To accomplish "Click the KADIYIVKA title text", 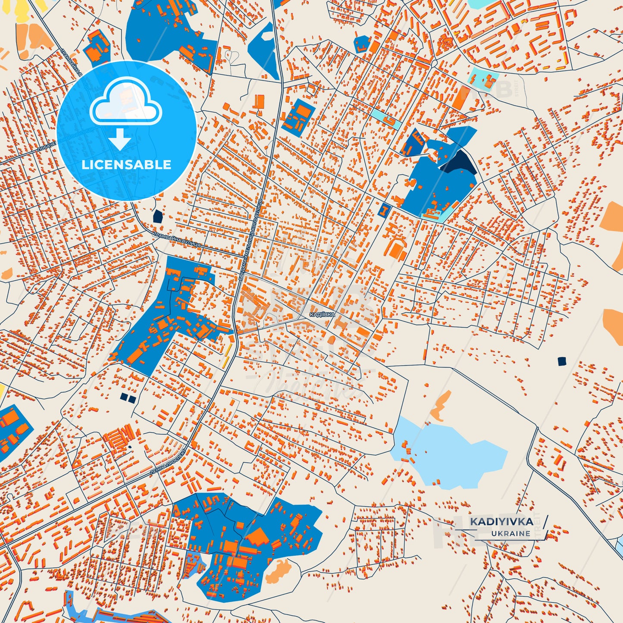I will (x=501, y=522).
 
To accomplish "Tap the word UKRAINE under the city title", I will (x=510, y=533).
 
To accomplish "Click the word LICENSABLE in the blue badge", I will (x=126, y=164).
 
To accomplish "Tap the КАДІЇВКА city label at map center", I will (x=322, y=315).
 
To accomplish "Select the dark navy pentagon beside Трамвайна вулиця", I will (x=157, y=216).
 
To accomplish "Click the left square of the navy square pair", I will (x=124, y=397).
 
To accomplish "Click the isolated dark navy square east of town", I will (x=561, y=361).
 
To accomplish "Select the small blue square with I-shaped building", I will (x=383, y=210).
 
